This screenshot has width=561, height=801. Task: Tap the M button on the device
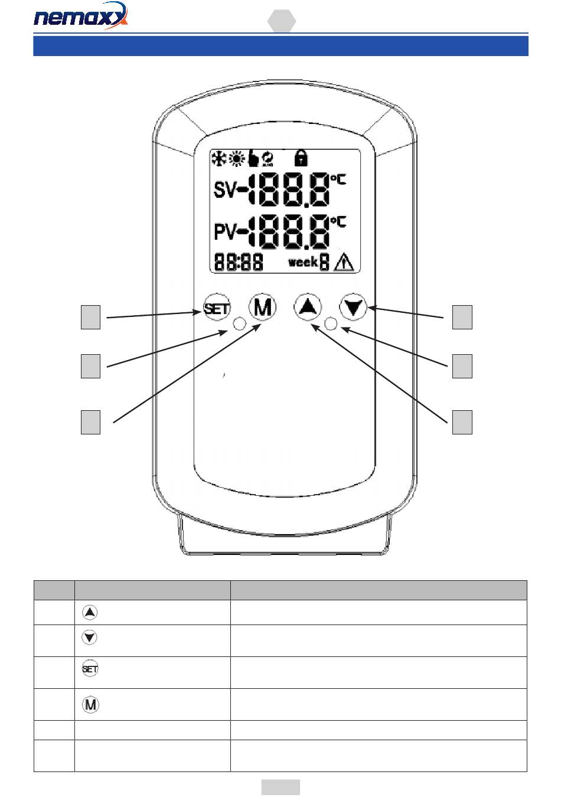coord(263,307)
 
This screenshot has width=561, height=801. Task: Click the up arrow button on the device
coord(308,307)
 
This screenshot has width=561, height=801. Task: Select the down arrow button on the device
coord(353,307)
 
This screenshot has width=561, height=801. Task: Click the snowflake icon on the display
coord(218,158)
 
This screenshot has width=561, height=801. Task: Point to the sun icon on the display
coord(236,158)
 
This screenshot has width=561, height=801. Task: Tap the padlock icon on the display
coord(301,158)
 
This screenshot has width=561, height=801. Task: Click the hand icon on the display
coord(253,158)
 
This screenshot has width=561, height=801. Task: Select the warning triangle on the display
coord(344,263)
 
